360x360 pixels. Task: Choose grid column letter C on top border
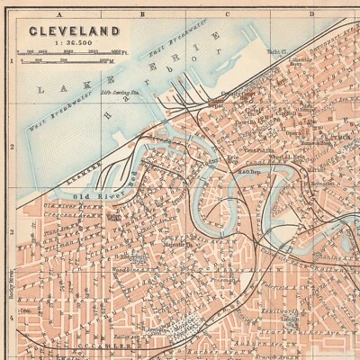[x=228, y=14]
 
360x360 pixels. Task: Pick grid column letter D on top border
[x=311, y=14]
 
